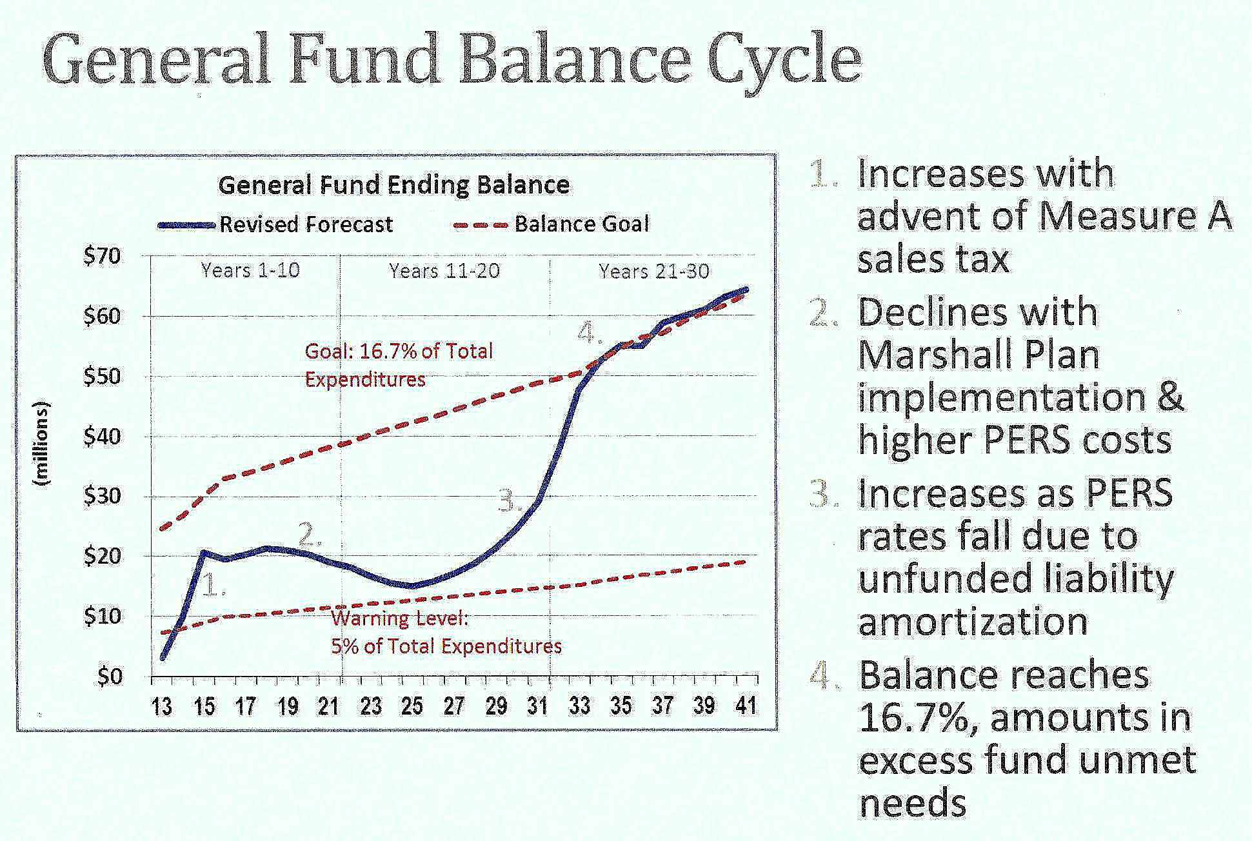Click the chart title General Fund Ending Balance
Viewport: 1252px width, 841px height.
(393, 186)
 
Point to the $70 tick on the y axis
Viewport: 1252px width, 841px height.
(102, 256)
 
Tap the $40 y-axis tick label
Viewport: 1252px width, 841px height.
(102, 437)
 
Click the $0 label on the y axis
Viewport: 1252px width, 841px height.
(110, 677)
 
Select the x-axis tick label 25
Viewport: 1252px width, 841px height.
(412, 707)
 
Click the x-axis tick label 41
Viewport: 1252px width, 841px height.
(746, 706)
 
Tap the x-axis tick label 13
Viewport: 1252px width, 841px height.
(161, 707)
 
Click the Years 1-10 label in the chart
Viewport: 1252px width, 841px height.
(250, 270)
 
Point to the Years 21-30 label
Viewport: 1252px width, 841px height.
(654, 271)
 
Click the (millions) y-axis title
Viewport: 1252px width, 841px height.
(43, 444)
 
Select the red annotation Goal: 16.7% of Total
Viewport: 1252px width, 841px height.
(399, 351)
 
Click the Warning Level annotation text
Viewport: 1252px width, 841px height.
(399, 618)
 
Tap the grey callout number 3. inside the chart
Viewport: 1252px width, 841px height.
(510, 500)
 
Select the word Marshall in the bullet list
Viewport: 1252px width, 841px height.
(931, 355)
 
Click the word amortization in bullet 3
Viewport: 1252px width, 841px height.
(973, 621)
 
